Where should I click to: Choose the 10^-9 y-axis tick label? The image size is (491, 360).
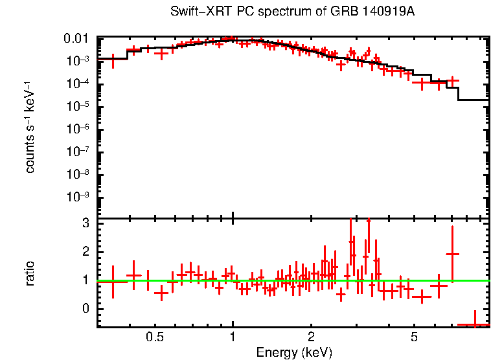pyautogui.click(x=79, y=197)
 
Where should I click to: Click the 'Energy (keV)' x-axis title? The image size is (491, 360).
pyautogui.click(x=294, y=352)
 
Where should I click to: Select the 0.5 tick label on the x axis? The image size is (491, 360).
pyautogui.click(x=155, y=337)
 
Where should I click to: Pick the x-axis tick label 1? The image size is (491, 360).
pyautogui.click(x=233, y=337)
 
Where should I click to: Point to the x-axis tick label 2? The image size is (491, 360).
pyautogui.click(x=311, y=337)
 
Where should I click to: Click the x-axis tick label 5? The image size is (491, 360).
pyautogui.click(x=414, y=337)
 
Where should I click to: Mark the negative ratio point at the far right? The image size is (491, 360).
pyautogui.click(x=474, y=324)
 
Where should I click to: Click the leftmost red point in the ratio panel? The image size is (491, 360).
pyautogui.click(x=113, y=281)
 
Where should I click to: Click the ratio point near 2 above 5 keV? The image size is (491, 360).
pyautogui.click(x=452, y=254)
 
